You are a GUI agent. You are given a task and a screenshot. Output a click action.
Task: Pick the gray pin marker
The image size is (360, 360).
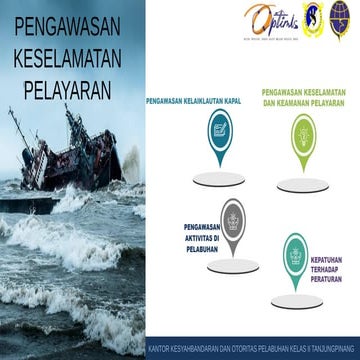[231, 227]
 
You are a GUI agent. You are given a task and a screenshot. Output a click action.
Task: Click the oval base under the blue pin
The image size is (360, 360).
[220, 179]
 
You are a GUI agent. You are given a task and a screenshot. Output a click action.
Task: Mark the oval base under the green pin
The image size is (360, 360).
[303, 183]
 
